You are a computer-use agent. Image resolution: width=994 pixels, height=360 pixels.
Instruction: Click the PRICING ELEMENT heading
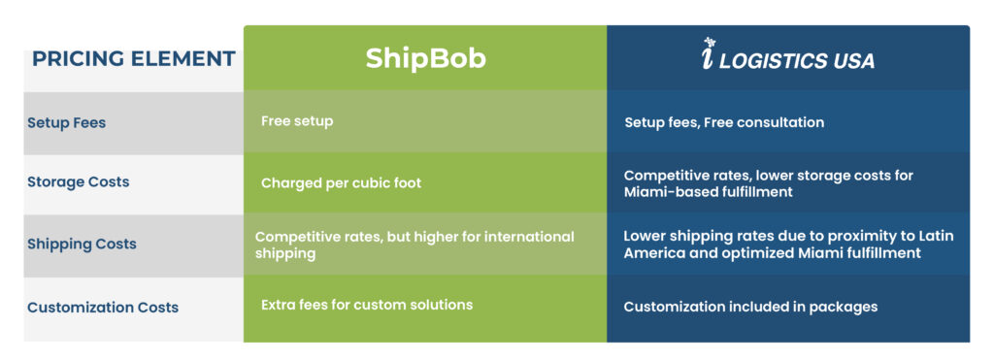134,59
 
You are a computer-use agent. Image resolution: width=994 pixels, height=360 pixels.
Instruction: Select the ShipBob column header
425,59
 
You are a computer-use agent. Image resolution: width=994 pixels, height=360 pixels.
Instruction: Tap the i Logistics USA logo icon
709,53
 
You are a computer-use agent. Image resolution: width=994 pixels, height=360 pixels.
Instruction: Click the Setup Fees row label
67,122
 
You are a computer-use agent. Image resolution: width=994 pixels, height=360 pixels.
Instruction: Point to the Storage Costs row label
78,181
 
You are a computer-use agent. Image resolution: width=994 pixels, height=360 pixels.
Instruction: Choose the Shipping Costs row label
82,244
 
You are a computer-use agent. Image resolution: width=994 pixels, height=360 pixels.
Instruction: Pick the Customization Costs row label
103,308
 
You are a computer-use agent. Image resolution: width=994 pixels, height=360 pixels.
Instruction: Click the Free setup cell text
297,121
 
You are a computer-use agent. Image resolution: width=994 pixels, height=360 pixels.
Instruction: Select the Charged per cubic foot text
341,183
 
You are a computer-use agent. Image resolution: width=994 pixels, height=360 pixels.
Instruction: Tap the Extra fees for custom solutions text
367,305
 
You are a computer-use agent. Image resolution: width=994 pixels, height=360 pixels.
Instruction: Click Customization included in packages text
750,307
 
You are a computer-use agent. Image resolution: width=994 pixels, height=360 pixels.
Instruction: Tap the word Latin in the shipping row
937,237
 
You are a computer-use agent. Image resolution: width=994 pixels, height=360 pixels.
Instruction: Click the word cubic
366,183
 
